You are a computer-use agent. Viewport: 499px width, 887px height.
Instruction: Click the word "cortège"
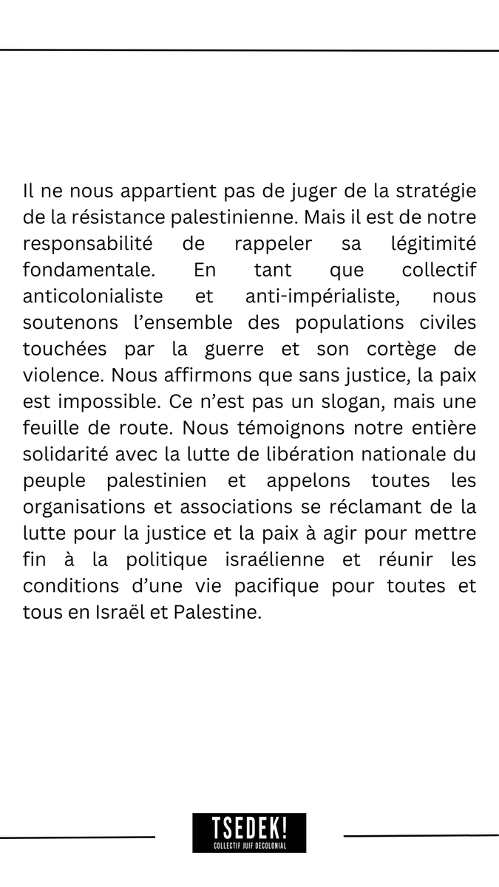point(400,348)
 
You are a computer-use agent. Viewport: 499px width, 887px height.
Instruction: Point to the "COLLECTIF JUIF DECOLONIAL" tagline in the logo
point(249,845)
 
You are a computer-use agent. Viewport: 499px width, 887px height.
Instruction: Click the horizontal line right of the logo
point(421,836)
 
